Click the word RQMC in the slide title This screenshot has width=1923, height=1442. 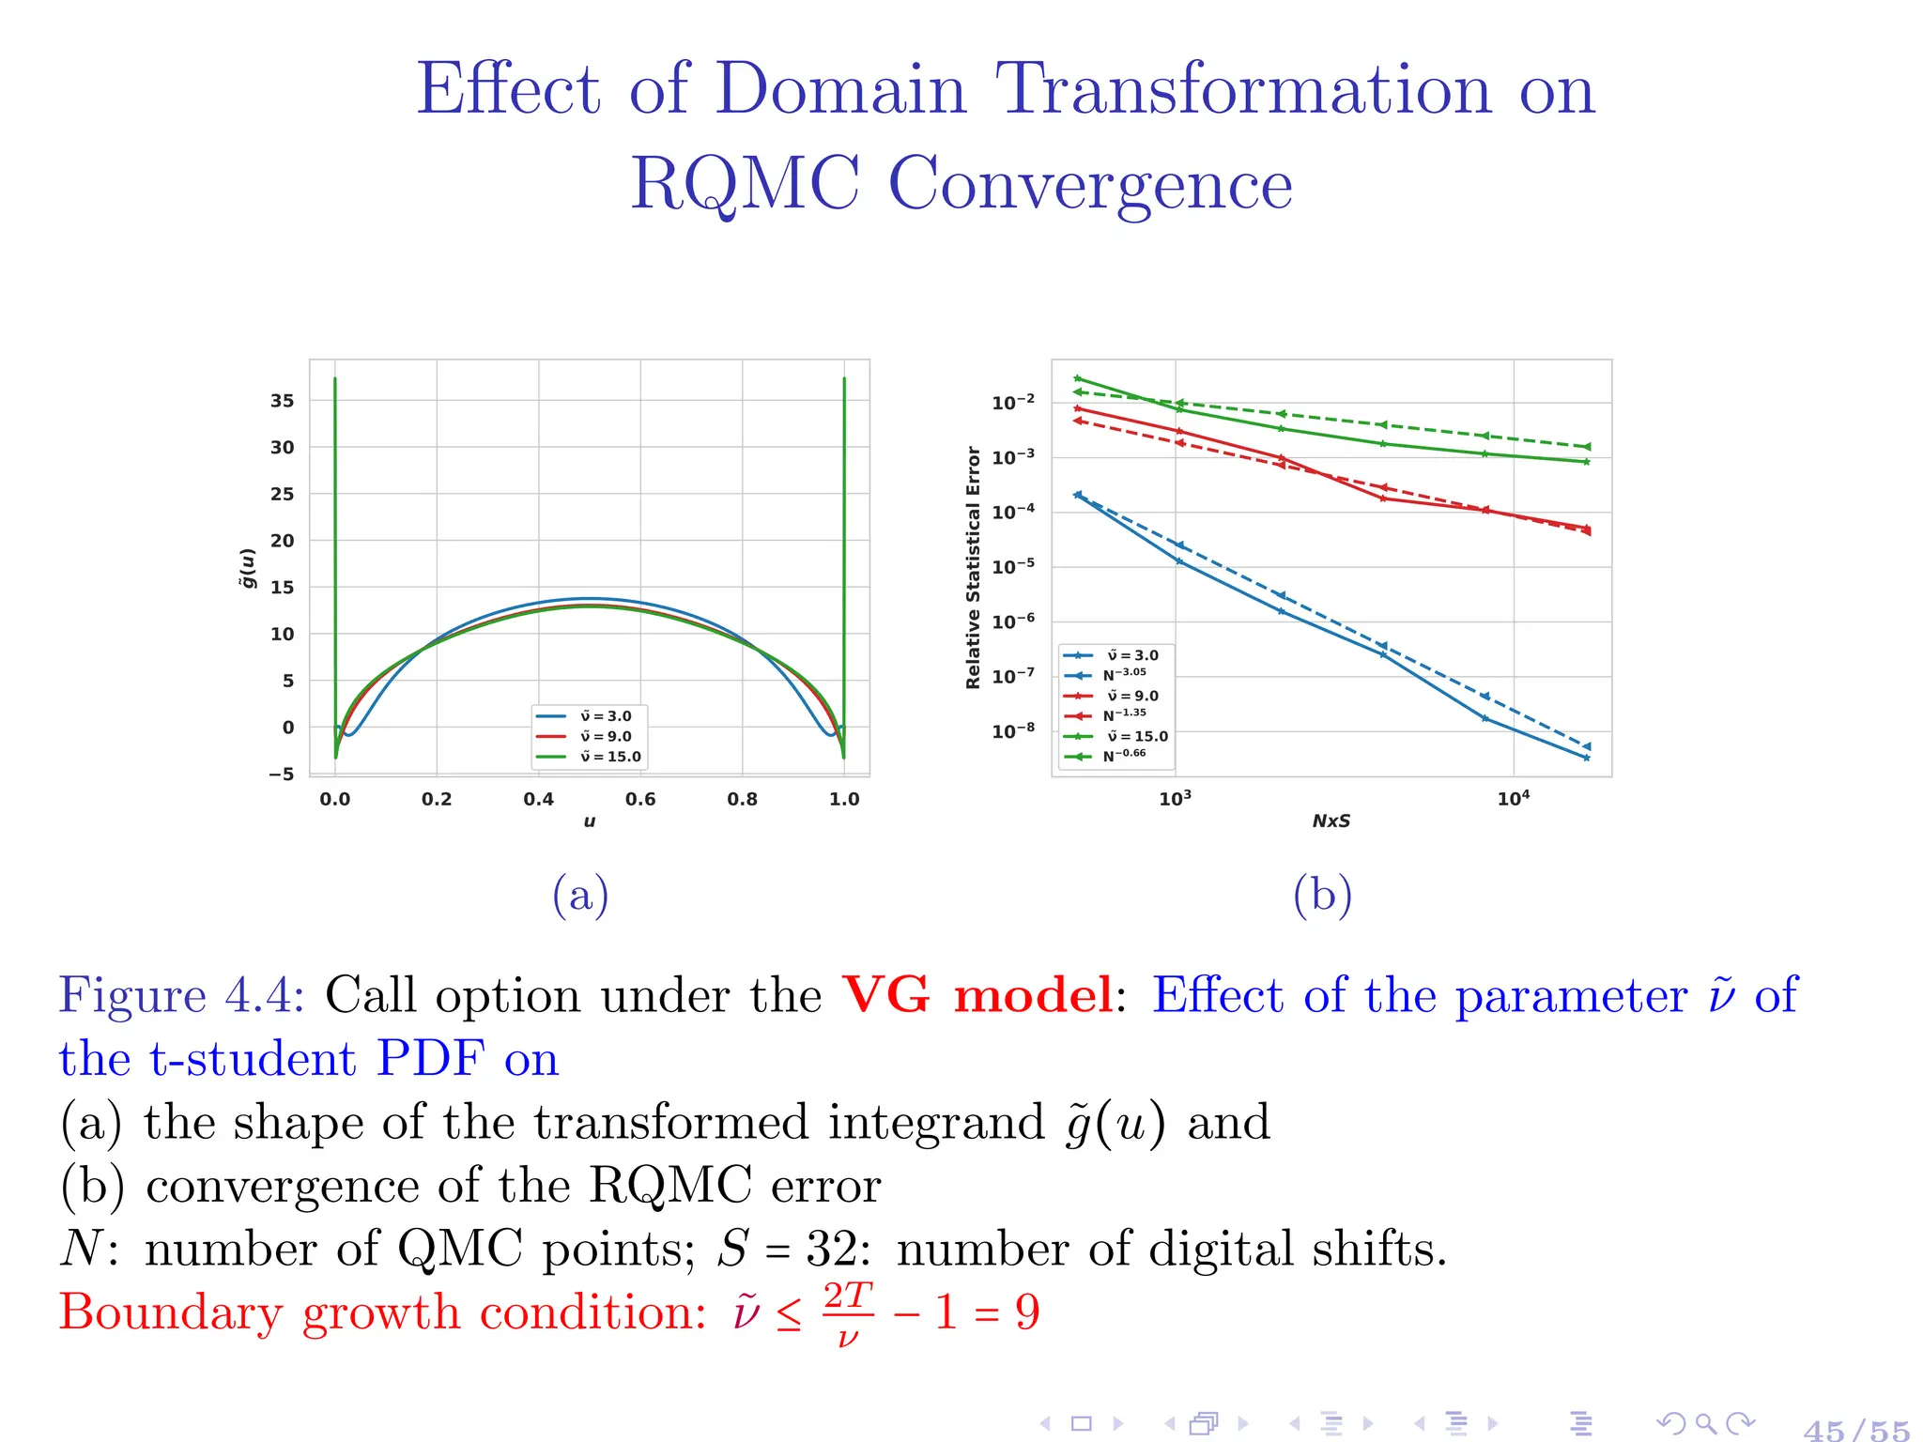tap(745, 184)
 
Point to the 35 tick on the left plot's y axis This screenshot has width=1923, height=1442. tap(282, 401)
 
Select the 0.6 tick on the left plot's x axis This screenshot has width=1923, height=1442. tap(640, 799)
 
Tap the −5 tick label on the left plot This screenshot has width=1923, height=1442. tap(281, 775)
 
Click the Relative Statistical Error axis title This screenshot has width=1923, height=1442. tap(973, 567)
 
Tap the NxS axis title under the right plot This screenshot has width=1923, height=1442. tap(1331, 821)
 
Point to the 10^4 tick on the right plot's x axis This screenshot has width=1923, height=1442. tap(1513, 799)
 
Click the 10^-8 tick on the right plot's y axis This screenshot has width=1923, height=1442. tap(1013, 730)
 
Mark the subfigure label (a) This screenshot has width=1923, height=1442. tap(580, 895)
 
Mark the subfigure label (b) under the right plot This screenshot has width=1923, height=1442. tap(1322, 895)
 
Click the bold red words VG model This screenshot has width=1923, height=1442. tap(977, 995)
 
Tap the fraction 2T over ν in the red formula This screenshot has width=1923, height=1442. tap(848, 1313)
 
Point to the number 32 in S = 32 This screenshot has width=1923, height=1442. tap(832, 1250)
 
